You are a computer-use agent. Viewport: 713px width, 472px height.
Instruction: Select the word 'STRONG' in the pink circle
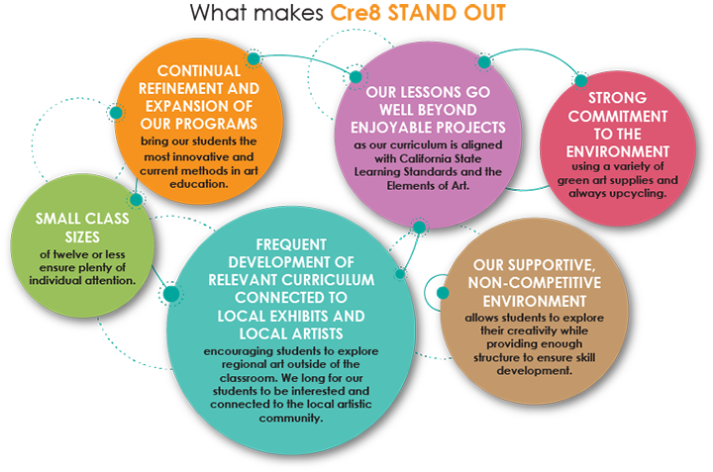pos(617,99)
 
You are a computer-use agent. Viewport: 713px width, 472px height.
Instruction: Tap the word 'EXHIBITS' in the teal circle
pos(296,316)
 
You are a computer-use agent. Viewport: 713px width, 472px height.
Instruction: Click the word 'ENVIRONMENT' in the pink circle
pos(617,153)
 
